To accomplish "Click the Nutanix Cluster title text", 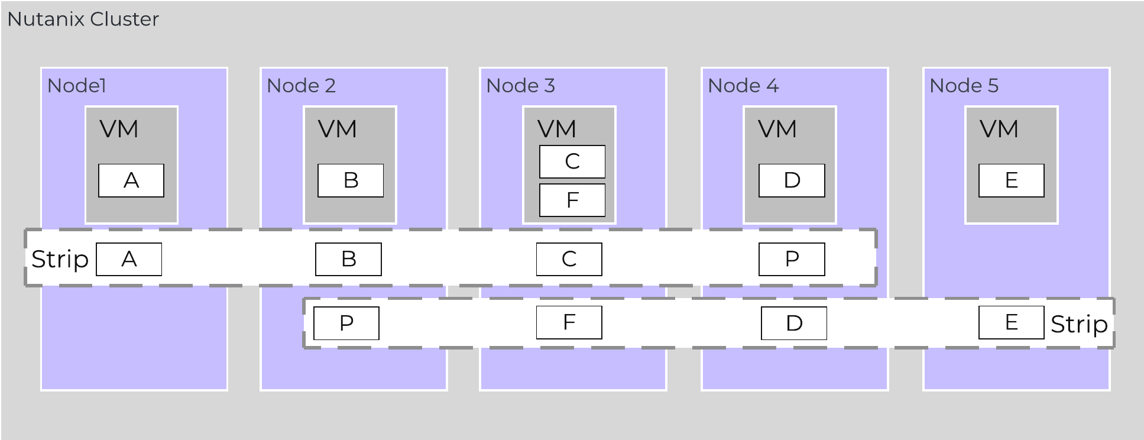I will (83, 20).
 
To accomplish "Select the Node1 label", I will (76, 86).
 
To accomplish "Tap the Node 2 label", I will (301, 86).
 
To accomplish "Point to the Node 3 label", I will (520, 86).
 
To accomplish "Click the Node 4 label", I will (743, 86).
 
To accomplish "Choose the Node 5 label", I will (964, 86).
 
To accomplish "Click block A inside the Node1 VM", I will (131, 180).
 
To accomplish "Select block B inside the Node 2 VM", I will (351, 180).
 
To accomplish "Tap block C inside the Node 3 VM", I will (572, 161).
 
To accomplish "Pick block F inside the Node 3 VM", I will (572, 200).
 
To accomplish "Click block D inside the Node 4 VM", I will (792, 180).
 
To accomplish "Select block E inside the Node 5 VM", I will (1012, 180).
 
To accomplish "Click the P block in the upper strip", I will (792, 259).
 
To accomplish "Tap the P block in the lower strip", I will (346, 323).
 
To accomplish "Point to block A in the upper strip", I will (129, 259).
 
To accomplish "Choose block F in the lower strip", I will (569, 322).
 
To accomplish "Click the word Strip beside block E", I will (1079, 324).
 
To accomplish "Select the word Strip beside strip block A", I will (60, 259).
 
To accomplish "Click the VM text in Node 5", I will (999, 129).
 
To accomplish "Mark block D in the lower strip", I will (794, 323).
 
